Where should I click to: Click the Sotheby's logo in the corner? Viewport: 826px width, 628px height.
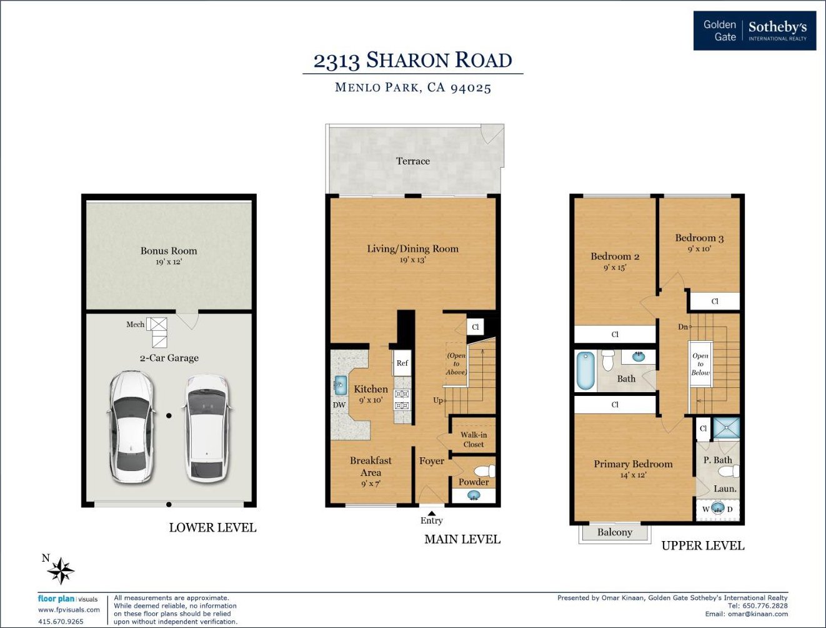click(x=755, y=31)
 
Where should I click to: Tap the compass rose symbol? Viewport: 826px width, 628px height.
click(x=61, y=570)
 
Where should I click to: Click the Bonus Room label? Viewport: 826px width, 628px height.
click(x=169, y=251)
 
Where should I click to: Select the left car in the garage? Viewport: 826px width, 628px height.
click(x=131, y=427)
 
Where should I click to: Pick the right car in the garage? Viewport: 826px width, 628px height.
click(x=207, y=428)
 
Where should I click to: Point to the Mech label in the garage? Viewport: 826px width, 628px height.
click(x=135, y=325)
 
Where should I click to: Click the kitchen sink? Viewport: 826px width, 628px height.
click(x=340, y=385)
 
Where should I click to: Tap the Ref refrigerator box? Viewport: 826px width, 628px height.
click(x=402, y=363)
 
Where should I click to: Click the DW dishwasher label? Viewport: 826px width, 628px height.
click(x=339, y=405)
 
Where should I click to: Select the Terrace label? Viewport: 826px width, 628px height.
click(x=413, y=161)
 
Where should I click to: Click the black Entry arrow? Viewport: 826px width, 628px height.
click(x=432, y=513)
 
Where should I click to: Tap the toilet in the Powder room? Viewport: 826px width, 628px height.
click(x=484, y=471)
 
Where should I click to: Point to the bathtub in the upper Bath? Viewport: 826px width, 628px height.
click(x=586, y=371)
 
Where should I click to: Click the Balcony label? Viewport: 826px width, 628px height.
click(x=615, y=532)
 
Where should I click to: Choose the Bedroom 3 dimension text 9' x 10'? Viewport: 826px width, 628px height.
click(x=699, y=249)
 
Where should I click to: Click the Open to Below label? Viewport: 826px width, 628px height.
click(x=700, y=364)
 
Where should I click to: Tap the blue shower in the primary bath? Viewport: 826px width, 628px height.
click(x=726, y=428)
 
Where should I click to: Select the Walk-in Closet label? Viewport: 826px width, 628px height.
click(x=474, y=440)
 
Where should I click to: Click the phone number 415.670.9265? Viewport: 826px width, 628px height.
click(x=61, y=622)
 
